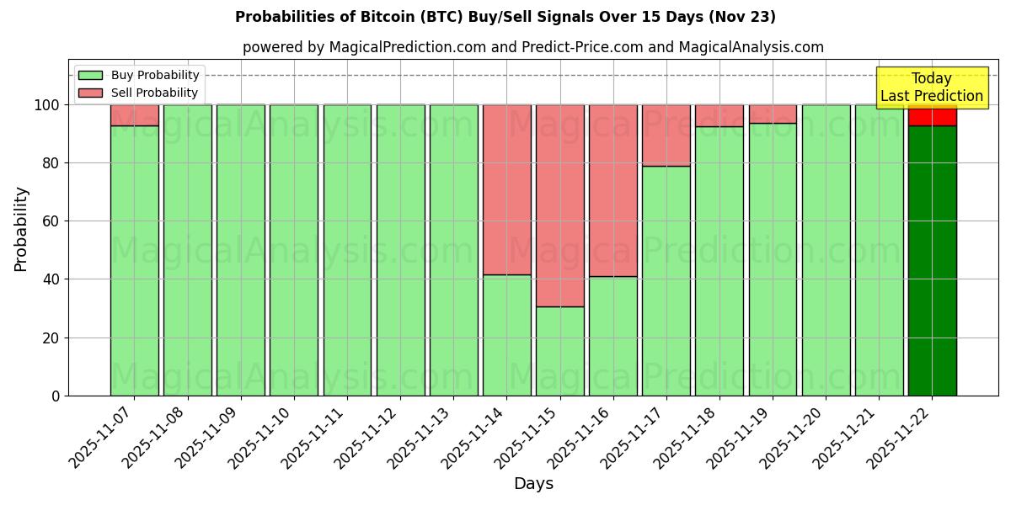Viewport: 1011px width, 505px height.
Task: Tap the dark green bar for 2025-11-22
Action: (932, 261)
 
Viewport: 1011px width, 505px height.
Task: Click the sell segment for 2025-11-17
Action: (666, 135)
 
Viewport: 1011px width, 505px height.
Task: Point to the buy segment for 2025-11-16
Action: (613, 336)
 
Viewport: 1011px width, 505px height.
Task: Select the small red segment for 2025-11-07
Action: (135, 115)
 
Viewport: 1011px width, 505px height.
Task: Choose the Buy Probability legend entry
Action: (155, 75)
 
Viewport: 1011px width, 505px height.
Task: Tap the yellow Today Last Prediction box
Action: (932, 88)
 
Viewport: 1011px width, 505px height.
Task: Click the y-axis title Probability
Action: (21, 229)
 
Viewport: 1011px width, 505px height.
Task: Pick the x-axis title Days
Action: (533, 484)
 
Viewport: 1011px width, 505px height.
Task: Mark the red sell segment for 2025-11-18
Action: (719, 115)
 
